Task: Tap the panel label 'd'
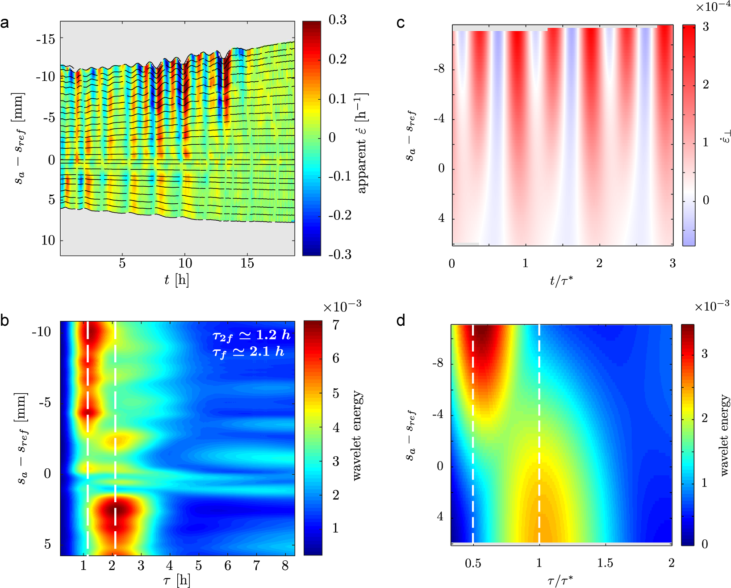401,320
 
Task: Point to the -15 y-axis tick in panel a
46,39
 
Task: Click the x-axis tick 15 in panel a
247,263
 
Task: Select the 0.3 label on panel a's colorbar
337,20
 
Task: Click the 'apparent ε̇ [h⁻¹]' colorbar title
362,143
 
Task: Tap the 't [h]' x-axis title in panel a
176,280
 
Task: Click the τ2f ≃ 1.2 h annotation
251,335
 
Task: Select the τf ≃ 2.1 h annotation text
248,352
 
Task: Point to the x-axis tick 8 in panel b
285,566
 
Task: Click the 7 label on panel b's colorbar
336,325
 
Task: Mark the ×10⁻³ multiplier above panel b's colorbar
342,307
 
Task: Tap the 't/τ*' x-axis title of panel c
561,281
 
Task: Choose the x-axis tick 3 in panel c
673,263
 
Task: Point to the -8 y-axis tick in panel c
439,69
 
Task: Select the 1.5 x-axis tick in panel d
605,563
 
